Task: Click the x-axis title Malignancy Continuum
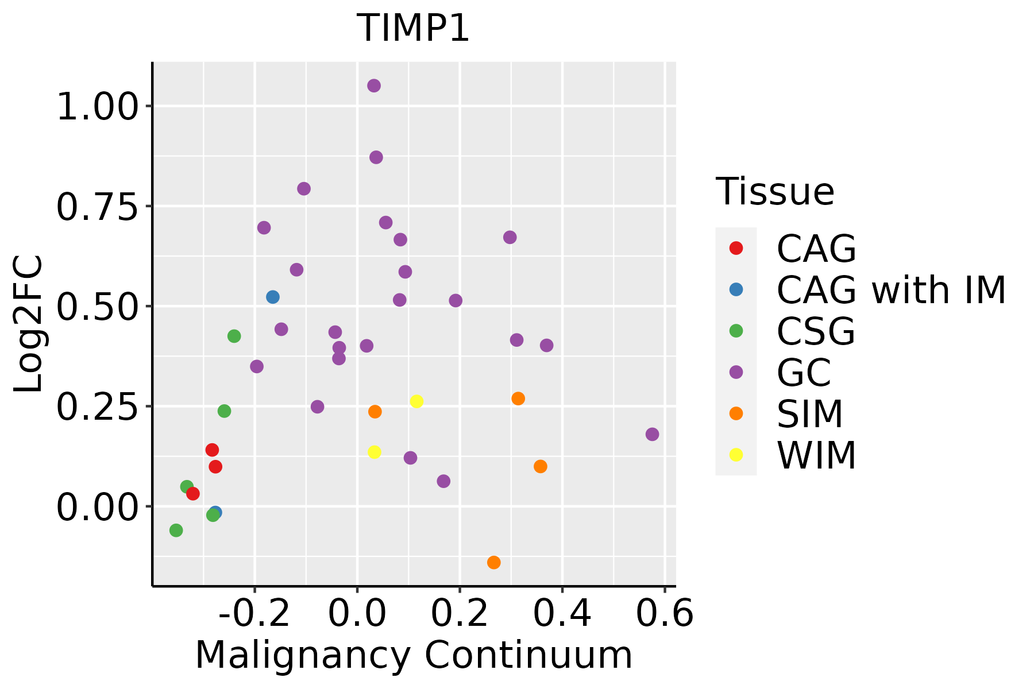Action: [414, 656]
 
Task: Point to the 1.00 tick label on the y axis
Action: [98, 107]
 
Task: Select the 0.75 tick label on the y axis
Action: [98, 207]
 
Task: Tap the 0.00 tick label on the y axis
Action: [98, 507]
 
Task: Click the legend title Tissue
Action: [775, 192]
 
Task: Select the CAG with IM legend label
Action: [891, 290]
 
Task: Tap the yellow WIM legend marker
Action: [736, 455]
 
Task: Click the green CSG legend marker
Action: [736, 331]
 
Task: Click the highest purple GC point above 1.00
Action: [374, 86]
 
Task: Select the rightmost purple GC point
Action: [652, 434]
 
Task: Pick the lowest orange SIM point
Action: [493, 562]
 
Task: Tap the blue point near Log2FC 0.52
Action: [273, 297]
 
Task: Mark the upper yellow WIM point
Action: [416, 401]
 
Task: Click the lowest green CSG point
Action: [176, 531]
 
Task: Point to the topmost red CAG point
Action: [212, 450]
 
